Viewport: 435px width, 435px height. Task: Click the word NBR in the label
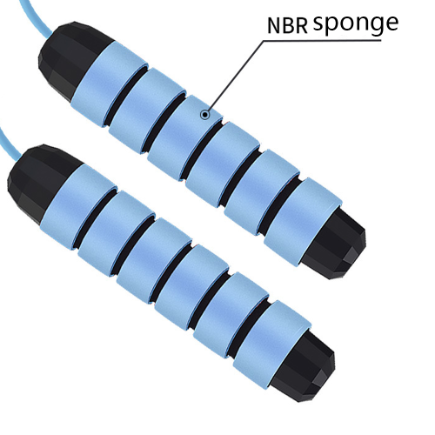287,25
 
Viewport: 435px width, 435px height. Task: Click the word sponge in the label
356,23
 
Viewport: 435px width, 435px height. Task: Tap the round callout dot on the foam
205,115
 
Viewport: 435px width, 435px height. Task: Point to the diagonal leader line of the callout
236,77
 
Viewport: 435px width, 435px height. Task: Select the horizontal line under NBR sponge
322,40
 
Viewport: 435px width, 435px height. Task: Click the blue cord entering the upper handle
37,18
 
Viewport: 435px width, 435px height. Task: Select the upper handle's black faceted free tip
337,246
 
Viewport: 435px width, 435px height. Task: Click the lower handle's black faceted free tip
304,367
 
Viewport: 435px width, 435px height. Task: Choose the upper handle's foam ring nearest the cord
110,84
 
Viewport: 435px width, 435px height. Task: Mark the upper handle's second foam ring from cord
147,110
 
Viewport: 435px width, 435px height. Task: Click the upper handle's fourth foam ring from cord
223,164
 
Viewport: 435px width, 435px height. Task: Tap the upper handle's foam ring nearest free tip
303,222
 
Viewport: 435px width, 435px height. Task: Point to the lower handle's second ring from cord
116,233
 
